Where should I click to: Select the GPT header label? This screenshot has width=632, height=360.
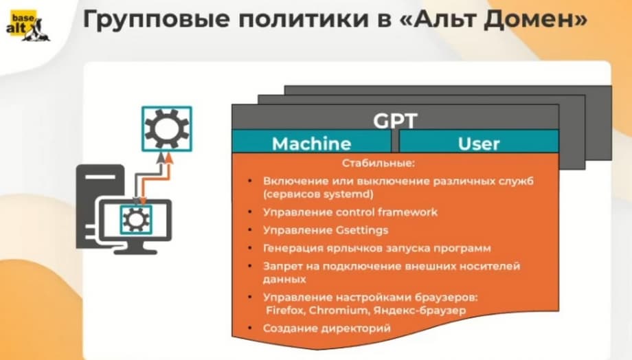[395, 120]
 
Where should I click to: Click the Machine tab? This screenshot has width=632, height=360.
[311, 144]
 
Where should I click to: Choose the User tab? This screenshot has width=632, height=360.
[479, 144]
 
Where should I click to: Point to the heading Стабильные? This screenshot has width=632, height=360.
[378, 164]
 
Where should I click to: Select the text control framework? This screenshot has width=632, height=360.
[387, 212]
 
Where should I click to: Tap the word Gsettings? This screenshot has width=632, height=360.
[357, 230]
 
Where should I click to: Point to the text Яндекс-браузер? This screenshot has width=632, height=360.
[419, 311]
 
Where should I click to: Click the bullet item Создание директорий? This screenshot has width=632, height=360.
[327, 328]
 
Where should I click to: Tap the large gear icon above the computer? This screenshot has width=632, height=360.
[166, 129]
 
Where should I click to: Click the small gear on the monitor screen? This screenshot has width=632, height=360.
[136, 220]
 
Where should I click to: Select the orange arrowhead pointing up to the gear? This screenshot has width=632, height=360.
[170, 157]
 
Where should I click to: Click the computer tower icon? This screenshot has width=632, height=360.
[100, 205]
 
